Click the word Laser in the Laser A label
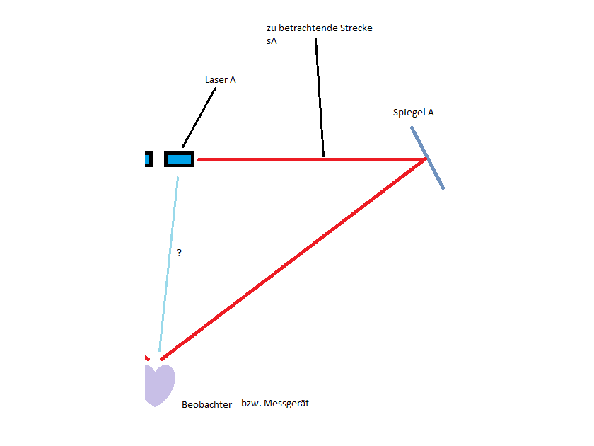pos(216,79)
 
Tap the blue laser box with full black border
pos(179,159)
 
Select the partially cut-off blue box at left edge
pos(148,159)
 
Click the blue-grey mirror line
pos(427,157)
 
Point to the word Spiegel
pos(409,113)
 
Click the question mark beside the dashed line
pos(179,253)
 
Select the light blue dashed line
pos(168,264)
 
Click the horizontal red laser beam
pos(311,160)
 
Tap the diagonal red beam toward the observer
pos(293,259)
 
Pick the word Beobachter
pos(206,405)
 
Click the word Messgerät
pos(286,403)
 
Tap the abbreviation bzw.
pos(250,403)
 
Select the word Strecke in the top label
pos(356,28)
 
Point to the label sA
pos(272,41)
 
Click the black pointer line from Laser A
pos(199,118)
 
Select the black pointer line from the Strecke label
pos(320,98)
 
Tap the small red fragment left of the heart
pos(147,358)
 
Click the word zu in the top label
pos(272,28)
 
